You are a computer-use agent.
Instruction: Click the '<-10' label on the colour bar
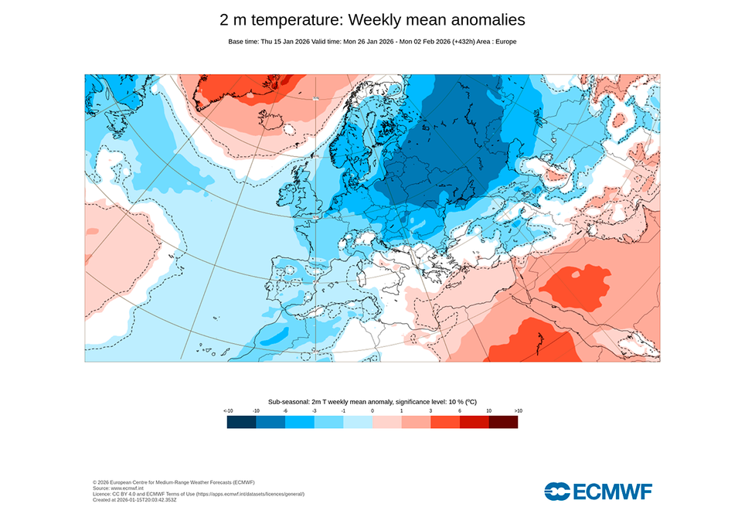[228, 410]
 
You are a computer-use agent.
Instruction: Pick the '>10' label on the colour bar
[517, 410]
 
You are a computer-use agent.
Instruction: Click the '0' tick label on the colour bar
[372, 410]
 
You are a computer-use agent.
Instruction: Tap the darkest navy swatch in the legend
[241, 422]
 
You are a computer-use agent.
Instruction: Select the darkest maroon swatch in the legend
[503, 422]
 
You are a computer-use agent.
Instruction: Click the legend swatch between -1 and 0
[358, 422]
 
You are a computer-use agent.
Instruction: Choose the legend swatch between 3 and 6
[445, 422]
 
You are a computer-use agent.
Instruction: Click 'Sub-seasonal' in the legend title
[289, 402]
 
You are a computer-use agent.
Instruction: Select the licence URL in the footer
[247, 494]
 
